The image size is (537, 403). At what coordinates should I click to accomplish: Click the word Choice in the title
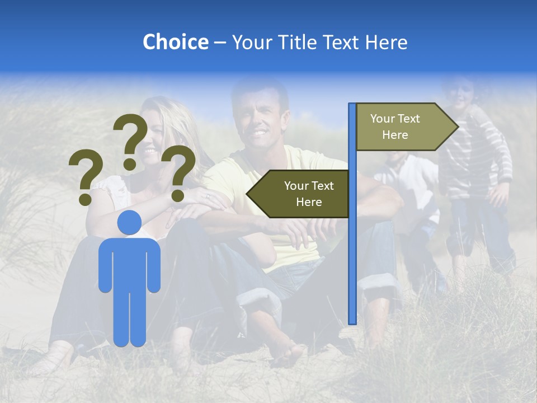(x=175, y=42)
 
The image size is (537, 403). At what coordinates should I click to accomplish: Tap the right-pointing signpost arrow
(x=403, y=127)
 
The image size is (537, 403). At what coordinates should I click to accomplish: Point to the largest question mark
(x=131, y=140)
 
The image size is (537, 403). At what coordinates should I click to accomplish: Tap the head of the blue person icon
(x=129, y=223)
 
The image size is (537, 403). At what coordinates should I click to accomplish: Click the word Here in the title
(x=387, y=42)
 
